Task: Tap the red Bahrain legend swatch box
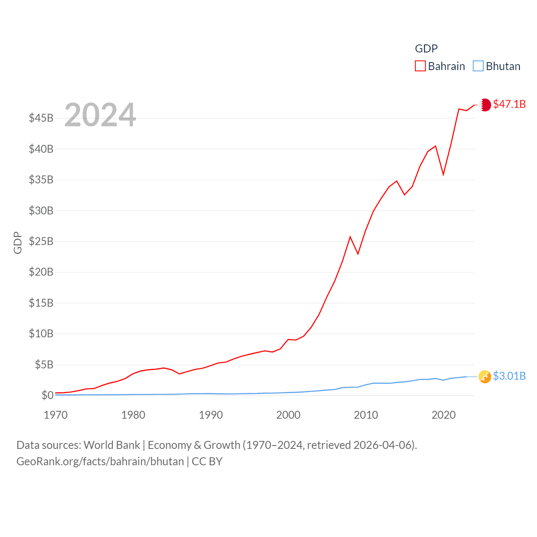pyautogui.click(x=420, y=66)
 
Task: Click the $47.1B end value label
pyautogui.click(x=509, y=104)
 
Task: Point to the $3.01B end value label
pyautogui.click(x=509, y=376)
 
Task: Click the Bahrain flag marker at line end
pyautogui.click(x=485, y=105)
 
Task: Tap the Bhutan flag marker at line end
pyautogui.click(x=485, y=377)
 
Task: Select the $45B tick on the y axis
pyautogui.click(x=41, y=118)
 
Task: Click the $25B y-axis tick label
pyautogui.click(x=41, y=241)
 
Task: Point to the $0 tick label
pyautogui.click(x=47, y=395)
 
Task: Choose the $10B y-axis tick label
pyautogui.click(x=41, y=334)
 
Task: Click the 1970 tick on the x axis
pyautogui.click(x=56, y=415)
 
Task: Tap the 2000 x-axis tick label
pyautogui.click(x=288, y=415)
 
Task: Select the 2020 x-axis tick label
pyautogui.click(x=443, y=415)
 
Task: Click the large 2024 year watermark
pyautogui.click(x=100, y=115)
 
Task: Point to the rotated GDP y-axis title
pyautogui.click(x=18, y=242)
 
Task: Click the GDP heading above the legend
pyautogui.click(x=426, y=49)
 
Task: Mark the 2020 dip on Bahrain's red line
pyautogui.click(x=443, y=174)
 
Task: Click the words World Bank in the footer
pyautogui.click(x=112, y=445)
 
